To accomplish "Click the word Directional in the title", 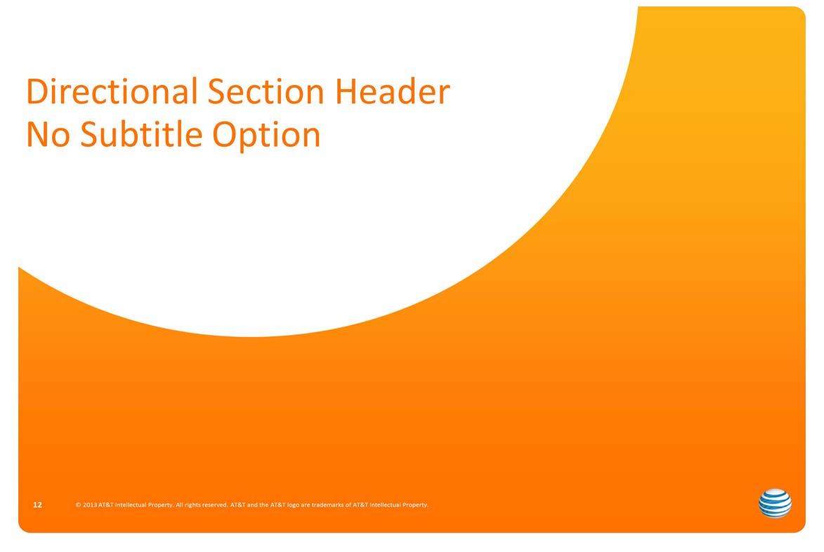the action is coord(112,91).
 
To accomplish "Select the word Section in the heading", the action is coord(266,91).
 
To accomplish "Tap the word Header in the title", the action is coord(393,91).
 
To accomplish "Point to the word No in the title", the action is coord(48,134).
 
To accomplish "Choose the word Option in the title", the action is coord(266,136).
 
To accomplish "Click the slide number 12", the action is coord(37,505).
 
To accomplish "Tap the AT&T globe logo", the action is coord(775,503).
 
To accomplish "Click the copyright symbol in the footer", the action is coord(78,505).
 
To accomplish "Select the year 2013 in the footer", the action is coord(90,505).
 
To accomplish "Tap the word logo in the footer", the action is coord(293,505).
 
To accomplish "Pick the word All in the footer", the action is coord(179,505).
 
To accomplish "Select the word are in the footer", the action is coord(306,505).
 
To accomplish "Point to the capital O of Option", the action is coord(224,134).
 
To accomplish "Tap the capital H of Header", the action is coord(346,91).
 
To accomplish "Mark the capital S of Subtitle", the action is coord(89,134).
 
